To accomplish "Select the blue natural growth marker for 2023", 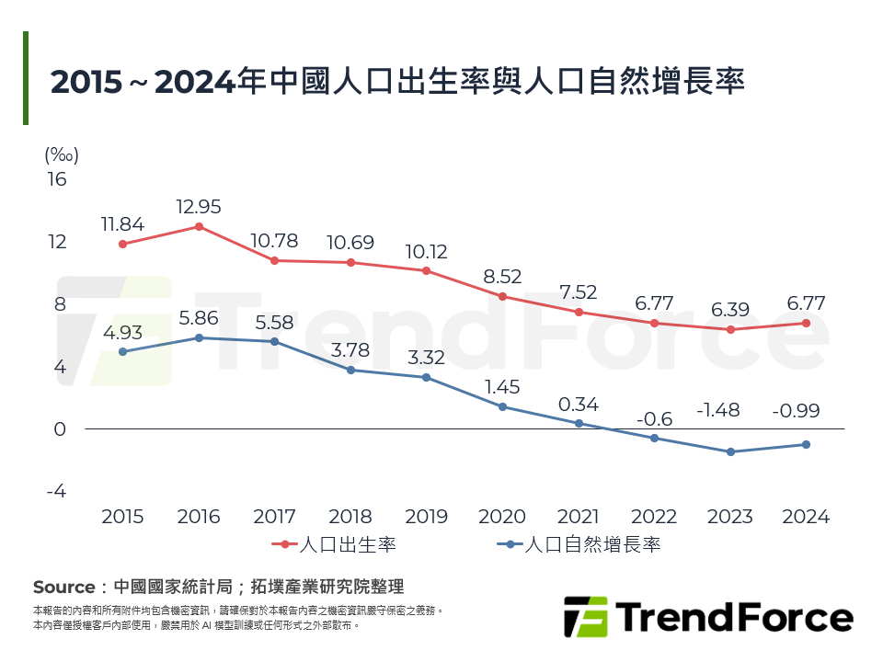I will (730, 451).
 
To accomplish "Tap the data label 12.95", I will (199, 207).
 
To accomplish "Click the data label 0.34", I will (579, 404).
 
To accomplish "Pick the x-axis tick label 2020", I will (502, 517).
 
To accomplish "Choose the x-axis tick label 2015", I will (122, 517).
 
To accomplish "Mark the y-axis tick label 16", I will (57, 178).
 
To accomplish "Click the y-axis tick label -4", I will (57, 491).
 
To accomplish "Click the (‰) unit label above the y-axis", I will (61, 154).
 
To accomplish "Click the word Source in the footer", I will (63, 587).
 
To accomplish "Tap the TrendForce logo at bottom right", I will (707, 617).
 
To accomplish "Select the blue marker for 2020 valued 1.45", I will (502, 406).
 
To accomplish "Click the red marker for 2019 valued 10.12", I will (427, 270).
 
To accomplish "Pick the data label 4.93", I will (122, 332).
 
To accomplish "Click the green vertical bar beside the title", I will (26, 78).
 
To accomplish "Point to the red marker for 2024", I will (806, 323).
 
